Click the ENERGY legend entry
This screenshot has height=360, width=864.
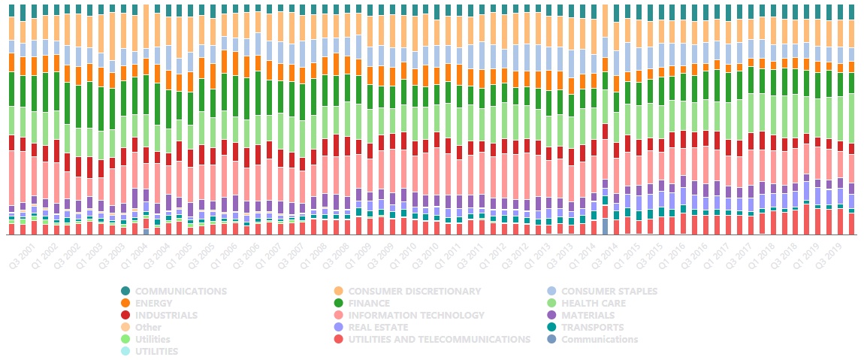[155, 303]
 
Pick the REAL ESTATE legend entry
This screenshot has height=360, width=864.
[378, 327]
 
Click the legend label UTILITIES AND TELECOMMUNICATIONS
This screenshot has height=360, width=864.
[439, 339]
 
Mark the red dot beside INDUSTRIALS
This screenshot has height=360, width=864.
[125, 315]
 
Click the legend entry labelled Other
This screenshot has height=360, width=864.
[148, 327]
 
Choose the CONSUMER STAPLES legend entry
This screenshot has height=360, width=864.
[609, 291]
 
